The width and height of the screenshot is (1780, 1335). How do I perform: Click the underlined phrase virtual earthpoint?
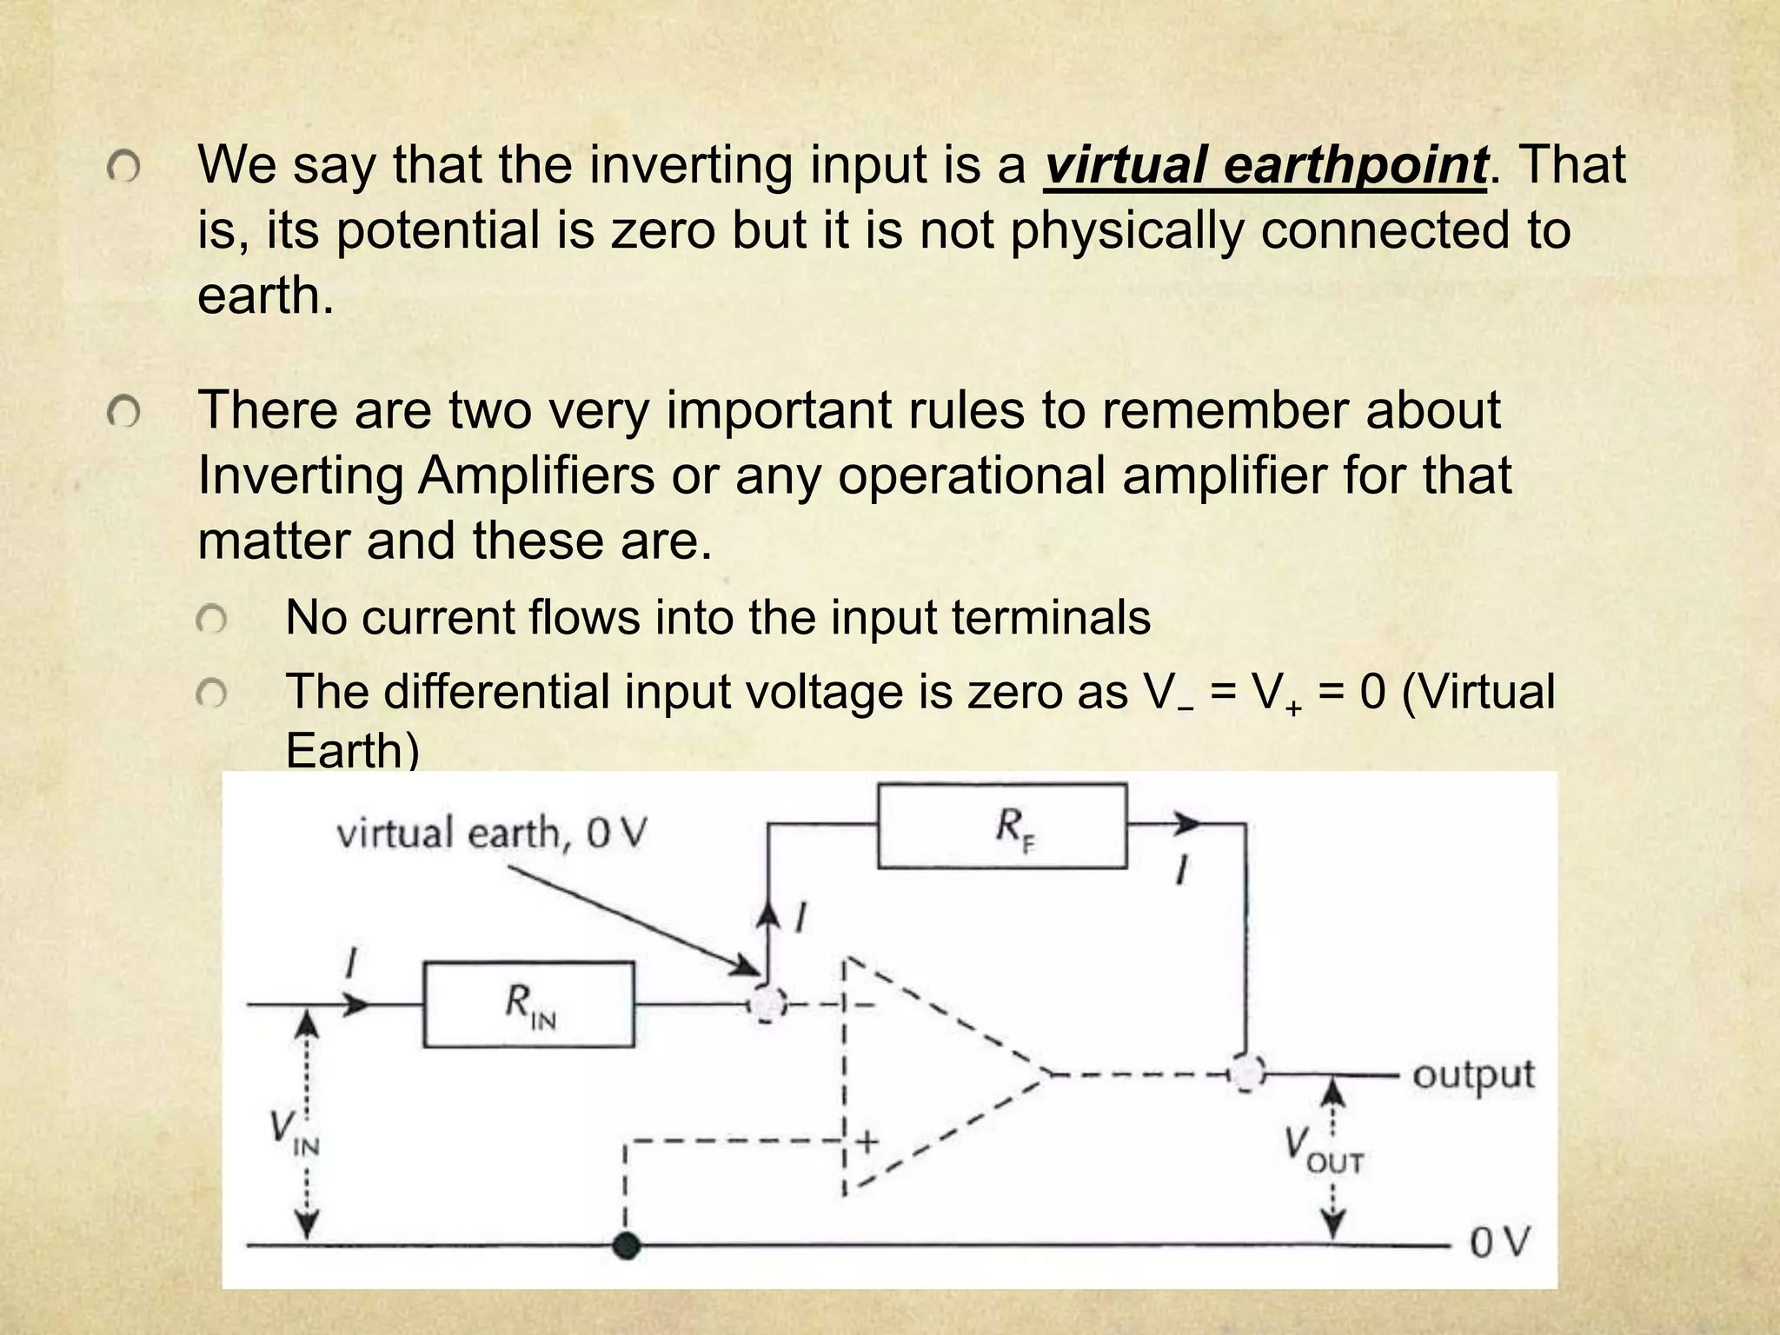[1265, 165]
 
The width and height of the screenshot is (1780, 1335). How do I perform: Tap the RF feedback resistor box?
[1002, 826]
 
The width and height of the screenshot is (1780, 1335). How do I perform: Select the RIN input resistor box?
[528, 1005]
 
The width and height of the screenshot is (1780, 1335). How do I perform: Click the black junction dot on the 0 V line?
[626, 1245]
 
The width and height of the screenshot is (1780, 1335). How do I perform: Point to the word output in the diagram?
[1473, 1076]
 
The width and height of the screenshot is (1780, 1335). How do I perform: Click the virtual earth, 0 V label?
[491, 834]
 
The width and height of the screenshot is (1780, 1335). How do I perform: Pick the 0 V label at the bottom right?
[1498, 1244]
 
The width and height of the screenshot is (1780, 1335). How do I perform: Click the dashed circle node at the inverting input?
[766, 1006]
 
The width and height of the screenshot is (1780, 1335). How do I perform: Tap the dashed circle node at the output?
[1248, 1075]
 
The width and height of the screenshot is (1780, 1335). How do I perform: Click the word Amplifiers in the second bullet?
[536, 475]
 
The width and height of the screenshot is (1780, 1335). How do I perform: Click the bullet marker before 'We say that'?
[123, 169]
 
